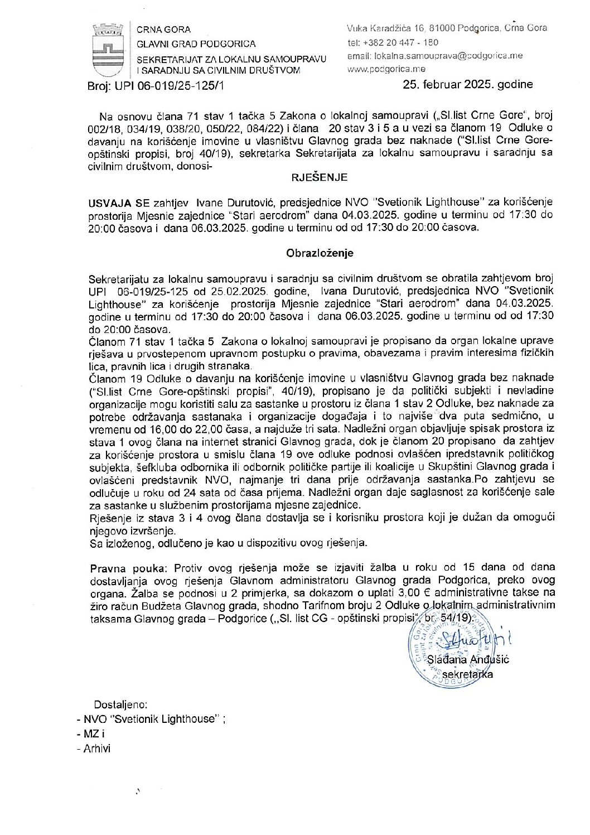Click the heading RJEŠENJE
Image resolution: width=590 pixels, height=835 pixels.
coord(320,177)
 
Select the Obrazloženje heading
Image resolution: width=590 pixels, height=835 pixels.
coord(320,253)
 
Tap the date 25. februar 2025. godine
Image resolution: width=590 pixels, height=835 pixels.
coord(468,85)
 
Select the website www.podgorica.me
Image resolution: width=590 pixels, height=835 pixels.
coord(386,69)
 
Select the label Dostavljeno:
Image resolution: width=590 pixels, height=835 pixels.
coord(120,704)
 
